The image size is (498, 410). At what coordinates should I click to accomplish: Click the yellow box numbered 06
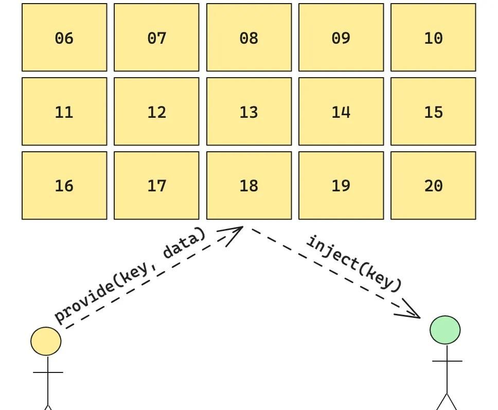(64, 38)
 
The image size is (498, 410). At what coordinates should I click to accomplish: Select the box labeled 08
(249, 38)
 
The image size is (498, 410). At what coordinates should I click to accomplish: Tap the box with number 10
(433, 38)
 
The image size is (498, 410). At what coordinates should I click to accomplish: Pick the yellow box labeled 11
(64, 112)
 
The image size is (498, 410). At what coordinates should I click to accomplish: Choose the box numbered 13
(249, 112)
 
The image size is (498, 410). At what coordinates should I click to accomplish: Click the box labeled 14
(341, 112)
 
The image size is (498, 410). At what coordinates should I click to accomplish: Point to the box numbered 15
(433, 112)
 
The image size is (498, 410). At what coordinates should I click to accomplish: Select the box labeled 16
(64, 185)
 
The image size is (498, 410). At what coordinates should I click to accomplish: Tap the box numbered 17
(156, 185)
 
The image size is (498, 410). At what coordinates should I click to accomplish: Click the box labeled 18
(249, 185)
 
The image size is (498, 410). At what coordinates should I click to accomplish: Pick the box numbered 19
(341, 185)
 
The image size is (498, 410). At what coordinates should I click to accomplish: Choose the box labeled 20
(433, 185)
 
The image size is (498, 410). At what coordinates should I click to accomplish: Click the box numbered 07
(156, 38)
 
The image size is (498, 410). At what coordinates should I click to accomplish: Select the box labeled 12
(156, 112)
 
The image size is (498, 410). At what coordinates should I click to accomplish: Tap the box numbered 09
(341, 38)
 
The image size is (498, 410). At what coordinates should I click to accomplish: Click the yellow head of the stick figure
(46, 341)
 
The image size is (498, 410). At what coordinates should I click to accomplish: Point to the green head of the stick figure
(445, 330)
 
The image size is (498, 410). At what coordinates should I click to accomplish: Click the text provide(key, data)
(130, 276)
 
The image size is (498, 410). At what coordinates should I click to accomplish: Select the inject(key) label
(354, 263)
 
